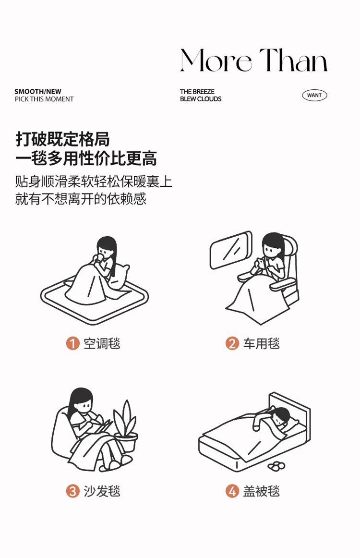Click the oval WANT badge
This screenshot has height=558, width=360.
314,95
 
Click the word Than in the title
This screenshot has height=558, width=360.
293,60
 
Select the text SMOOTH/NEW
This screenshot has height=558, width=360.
38,91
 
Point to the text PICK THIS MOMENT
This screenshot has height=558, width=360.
44,99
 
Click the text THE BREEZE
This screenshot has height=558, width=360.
197,91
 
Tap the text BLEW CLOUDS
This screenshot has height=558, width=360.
201,99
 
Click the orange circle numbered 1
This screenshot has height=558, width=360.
72,343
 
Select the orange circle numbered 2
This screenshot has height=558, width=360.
232,343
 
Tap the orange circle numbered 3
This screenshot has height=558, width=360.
72,491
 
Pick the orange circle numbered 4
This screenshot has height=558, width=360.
232,491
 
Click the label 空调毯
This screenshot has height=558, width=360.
102,343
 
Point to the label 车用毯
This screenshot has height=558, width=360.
262,343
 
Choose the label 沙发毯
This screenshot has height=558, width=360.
102,491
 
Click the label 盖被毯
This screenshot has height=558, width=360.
262,491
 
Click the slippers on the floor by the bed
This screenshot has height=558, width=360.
276,465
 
